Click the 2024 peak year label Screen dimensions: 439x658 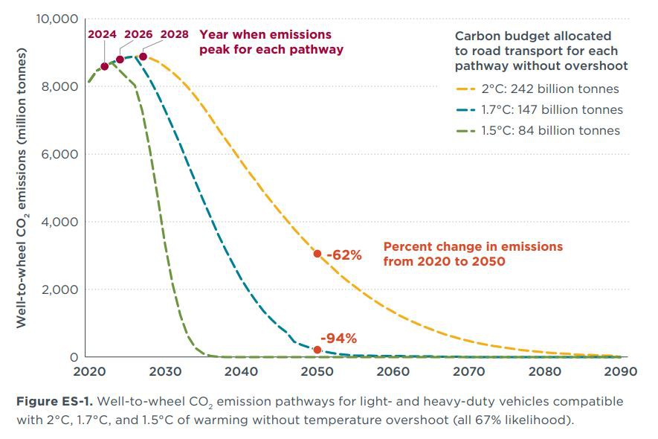pyautogui.click(x=102, y=34)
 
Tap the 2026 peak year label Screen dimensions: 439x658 pyautogui.click(x=139, y=34)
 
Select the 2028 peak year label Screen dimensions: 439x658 pyautogui.click(x=174, y=34)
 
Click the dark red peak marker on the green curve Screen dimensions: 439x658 pyautogui.click(x=104, y=66)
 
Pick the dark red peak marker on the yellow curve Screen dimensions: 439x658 pyautogui.click(x=143, y=57)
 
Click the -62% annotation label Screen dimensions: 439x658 pyautogui.click(x=343, y=255)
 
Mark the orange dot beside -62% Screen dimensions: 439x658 pyautogui.click(x=317, y=254)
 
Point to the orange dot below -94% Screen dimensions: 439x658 pyautogui.click(x=317, y=350)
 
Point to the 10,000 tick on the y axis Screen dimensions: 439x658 pyautogui.click(x=57, y=19)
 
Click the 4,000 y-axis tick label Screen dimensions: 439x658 pyautogui.click(x=61, y=222)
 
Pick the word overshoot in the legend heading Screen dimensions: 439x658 pyautogui.click(x=593, y=65)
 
